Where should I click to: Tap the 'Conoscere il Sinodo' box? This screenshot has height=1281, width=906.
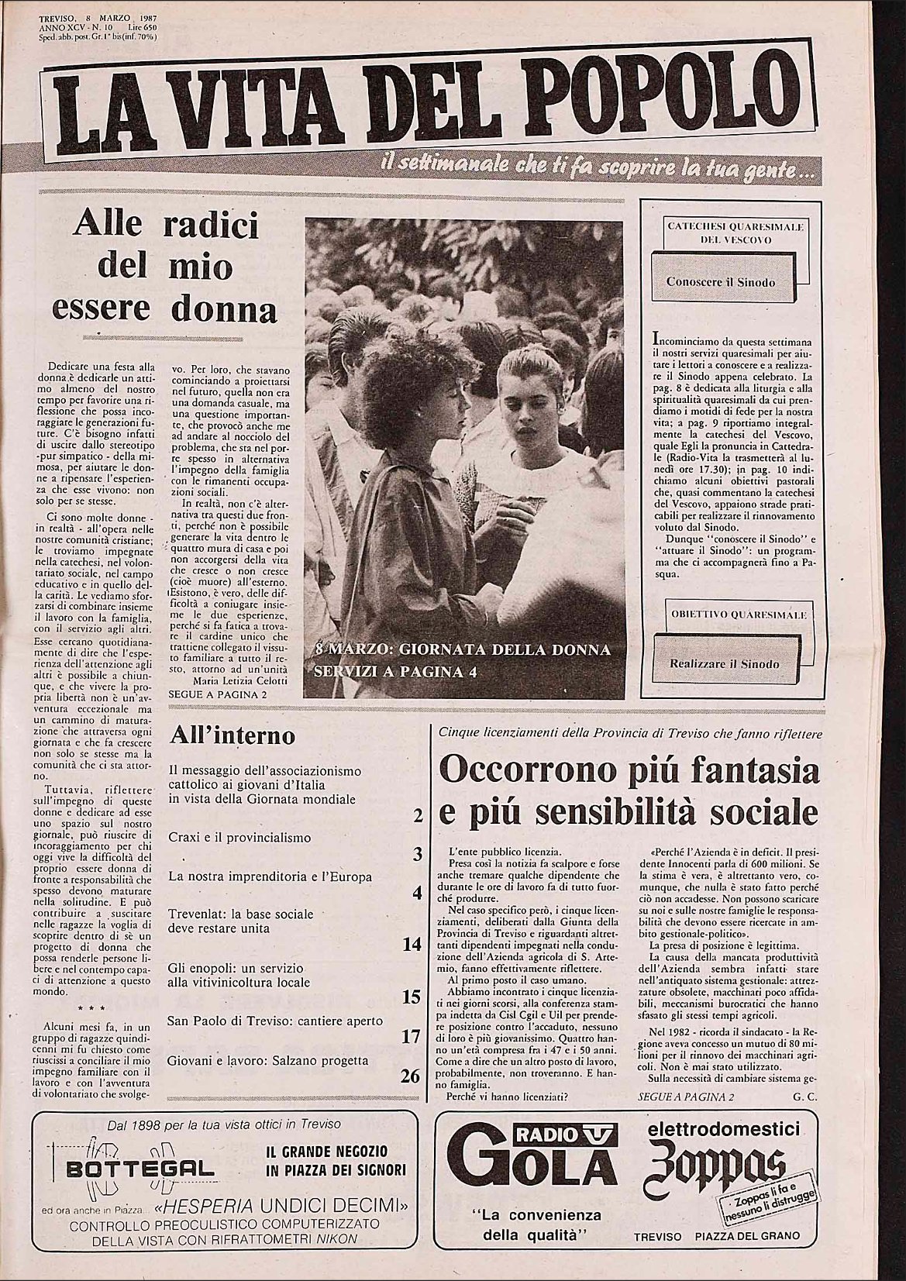(x=720, y=282)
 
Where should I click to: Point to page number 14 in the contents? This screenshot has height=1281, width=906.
(x=412, y=944)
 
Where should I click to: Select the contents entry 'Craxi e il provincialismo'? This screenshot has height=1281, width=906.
(x=239, y=837)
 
